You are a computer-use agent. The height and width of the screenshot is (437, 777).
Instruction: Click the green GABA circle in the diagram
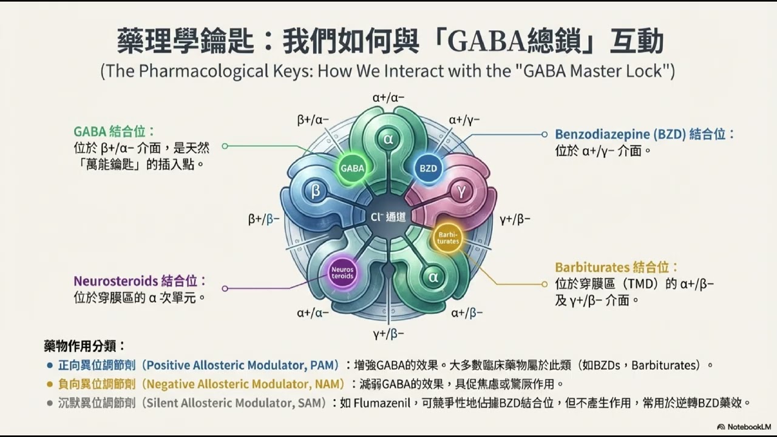click(352, 168)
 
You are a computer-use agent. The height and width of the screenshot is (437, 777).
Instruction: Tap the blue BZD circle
click(428, 168)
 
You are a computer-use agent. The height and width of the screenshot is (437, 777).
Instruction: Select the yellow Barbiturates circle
click(448, 237)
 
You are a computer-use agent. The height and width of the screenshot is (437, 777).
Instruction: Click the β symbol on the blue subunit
click(316, 192)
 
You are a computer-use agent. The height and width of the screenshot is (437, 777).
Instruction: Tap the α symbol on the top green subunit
click(389, 138)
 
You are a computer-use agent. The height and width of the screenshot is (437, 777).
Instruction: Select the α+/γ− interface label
click(464, 120)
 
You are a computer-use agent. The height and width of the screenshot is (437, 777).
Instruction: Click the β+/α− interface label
click(313, 120)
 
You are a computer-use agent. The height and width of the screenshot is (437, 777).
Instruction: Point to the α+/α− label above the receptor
click(388, 97)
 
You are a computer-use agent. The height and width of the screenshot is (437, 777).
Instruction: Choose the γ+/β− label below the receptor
click(388, 333)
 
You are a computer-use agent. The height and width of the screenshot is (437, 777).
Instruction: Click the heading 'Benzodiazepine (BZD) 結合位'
click(645, 134)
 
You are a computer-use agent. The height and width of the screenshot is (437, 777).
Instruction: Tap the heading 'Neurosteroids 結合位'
click(140, 281)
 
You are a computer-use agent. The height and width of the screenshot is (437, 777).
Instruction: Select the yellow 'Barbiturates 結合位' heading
click(616, 267)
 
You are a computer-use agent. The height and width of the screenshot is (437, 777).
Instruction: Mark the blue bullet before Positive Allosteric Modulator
click(50, 365)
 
